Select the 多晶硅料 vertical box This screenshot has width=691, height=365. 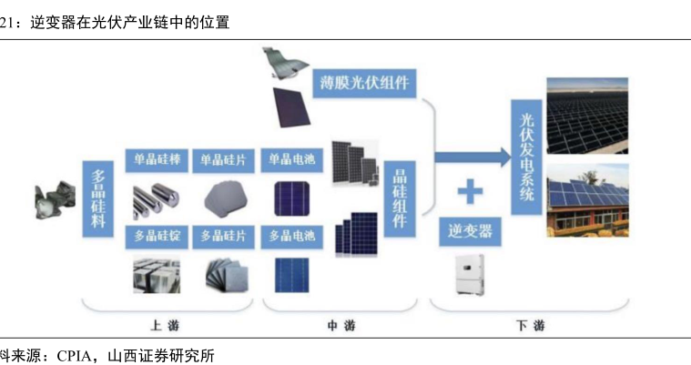point(98,200)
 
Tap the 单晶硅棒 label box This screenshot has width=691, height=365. point(158,159)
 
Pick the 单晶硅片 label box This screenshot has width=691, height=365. point(224,159)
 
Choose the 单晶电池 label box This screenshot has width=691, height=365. point(291,159)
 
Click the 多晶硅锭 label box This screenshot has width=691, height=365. point(158,237)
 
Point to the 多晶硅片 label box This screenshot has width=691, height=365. point(224,237)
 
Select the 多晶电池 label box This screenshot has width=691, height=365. point(291,237)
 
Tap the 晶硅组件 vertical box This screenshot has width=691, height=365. point(399,200)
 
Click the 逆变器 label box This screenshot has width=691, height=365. point(471,231)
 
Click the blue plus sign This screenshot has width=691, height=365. point(470,191)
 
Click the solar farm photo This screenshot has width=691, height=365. point(586,116)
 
